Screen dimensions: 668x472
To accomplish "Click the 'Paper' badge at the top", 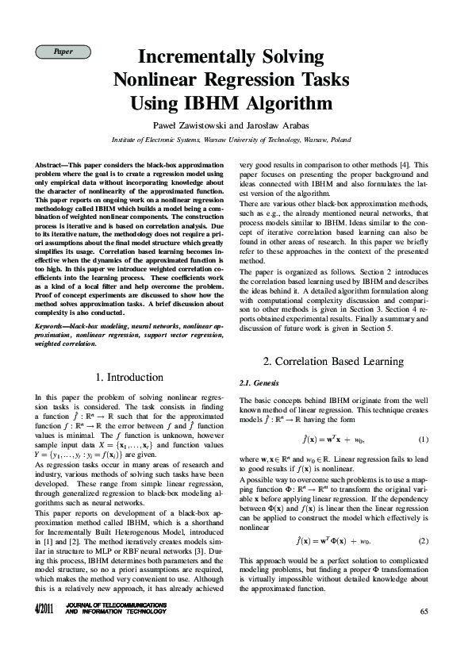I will pos(63,52).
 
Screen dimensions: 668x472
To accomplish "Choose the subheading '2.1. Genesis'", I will pos(255,383).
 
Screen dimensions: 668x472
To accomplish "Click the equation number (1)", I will pos(423,440).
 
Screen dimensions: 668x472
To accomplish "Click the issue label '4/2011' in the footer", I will pos(43,609).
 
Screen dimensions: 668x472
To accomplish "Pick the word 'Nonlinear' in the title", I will pos(158,80).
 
